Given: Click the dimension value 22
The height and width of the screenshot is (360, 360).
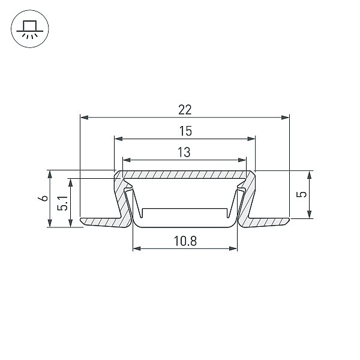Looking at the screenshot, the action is tap(185, 110).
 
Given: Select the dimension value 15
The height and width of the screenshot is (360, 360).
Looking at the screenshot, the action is tap(185, 131).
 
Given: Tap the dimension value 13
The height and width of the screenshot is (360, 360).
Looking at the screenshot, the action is tap(184, 152).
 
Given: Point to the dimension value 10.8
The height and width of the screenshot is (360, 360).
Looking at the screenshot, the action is tap(185, 241).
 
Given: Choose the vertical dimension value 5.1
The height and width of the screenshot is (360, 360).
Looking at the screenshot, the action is tap(62, 203).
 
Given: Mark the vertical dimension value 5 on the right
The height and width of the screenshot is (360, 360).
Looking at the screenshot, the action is tap(301, 194).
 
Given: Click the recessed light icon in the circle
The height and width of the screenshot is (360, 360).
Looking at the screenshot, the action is tap(30, 29).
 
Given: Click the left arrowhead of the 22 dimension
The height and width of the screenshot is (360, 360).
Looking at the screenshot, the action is tap(84, 118).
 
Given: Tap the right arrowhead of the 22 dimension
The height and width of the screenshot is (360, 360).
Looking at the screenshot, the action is tap(285, 118).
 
